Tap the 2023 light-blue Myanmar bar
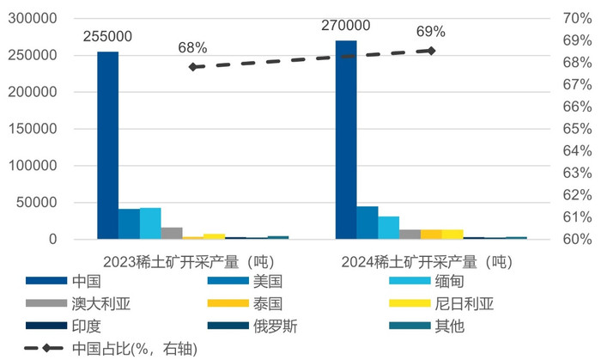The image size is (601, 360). click(x=150, y=223)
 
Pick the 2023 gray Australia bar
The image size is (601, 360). click(x=172, y=233)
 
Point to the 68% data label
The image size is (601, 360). click(x=192, y=48)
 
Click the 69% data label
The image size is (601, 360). click(x=431, y=32)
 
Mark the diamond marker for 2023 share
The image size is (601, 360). click(x=192, y=66)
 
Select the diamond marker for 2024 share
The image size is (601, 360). click(x=431, y=51)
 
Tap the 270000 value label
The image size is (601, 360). click(x=345, y=26)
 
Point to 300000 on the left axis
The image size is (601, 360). click(x=37, y=18)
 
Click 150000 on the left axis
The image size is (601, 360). click(x=37, y=129)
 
